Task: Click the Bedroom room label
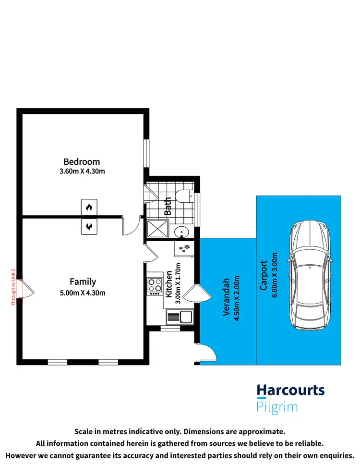[82, 161]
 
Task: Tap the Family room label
[83, 282]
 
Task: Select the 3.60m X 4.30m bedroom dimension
[82, 171]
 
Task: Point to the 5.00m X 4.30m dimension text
[83, 293]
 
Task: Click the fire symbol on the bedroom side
[89, 207]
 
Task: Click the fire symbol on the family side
[89, 226]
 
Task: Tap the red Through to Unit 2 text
[13, 287]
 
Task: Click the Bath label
[168, 206]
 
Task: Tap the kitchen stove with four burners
[155, 286]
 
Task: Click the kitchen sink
[179, 317]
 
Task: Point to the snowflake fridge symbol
[184, 248]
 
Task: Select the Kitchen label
[169, 284]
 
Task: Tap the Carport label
[264, 275]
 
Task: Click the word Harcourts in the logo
[290, 390]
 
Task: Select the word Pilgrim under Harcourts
[277, 407]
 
